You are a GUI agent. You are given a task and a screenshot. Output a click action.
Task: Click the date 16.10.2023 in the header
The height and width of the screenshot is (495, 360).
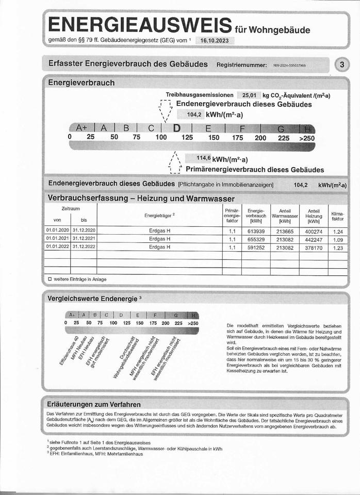pos(215,41)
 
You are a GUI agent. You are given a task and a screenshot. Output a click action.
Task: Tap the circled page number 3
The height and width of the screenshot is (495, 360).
pos(342,65)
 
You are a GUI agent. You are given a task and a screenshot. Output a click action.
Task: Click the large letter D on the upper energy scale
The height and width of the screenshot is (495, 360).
pos(177,128)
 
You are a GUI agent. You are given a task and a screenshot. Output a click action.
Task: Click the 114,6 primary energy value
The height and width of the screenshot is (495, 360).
pos(204,158)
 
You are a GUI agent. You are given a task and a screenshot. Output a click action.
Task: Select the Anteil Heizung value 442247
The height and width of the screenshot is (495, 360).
pos(313,239)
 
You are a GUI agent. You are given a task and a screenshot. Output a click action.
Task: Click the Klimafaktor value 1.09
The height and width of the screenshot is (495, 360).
pos(338,239)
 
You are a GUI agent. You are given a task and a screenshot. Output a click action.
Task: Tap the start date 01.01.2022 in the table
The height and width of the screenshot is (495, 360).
pos(57,247)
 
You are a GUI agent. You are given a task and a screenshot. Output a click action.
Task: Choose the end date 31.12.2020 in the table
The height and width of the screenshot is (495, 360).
pos(84,231)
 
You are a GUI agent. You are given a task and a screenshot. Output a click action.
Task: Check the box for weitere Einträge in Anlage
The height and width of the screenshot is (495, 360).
pos(50,279)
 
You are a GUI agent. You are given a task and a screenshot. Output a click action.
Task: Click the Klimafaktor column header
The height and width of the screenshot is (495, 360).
pos(338,216)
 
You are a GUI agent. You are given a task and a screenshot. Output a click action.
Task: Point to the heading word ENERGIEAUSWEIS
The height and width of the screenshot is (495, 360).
pos(139,25)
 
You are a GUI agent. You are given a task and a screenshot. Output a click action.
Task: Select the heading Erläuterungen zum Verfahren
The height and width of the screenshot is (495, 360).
pos(94,404)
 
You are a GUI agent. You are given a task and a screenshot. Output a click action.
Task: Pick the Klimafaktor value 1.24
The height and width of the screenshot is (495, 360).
pos(338,231)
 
